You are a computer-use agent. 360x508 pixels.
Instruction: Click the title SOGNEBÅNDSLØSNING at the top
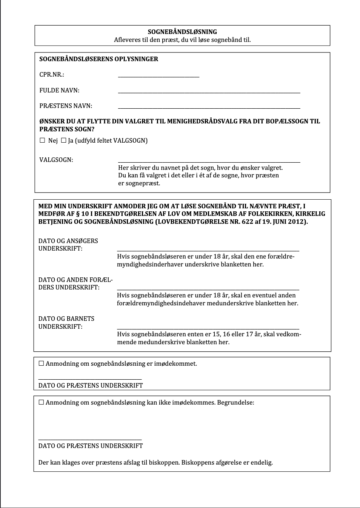click(x=182, y=32)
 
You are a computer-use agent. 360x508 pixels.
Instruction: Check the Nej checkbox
click(x=42, y=140)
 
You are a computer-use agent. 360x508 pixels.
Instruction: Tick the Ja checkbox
click(x=63, y=140)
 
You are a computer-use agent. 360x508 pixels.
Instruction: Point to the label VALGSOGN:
click(x=56, y=160)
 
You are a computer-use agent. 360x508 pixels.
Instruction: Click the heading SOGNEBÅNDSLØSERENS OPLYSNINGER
click(x=99, y=59)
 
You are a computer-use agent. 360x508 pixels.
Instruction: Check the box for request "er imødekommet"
click(x=42, y=363)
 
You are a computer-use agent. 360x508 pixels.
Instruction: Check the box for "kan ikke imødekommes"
click(x=42, y=402)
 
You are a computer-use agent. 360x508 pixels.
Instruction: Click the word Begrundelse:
click(x=235, y=402)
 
